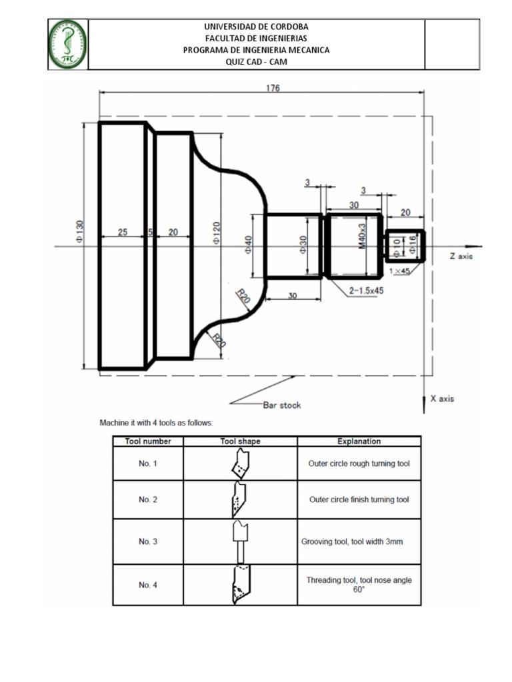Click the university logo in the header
(x=68, y=44)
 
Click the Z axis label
(x=461, y=256)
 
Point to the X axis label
(x=442, y=398)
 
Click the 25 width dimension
(x=123, y=232)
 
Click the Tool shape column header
(x=240, y=441)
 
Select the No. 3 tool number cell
(x=148, y=541)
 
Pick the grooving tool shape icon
(x=240, y=541)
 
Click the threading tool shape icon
(x=240, y=584)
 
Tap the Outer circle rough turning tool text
(x=359, y=463)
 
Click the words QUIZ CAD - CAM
(x=257, y=62)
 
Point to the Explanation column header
(x=359, y=441)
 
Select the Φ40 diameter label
(x=248, y=245)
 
